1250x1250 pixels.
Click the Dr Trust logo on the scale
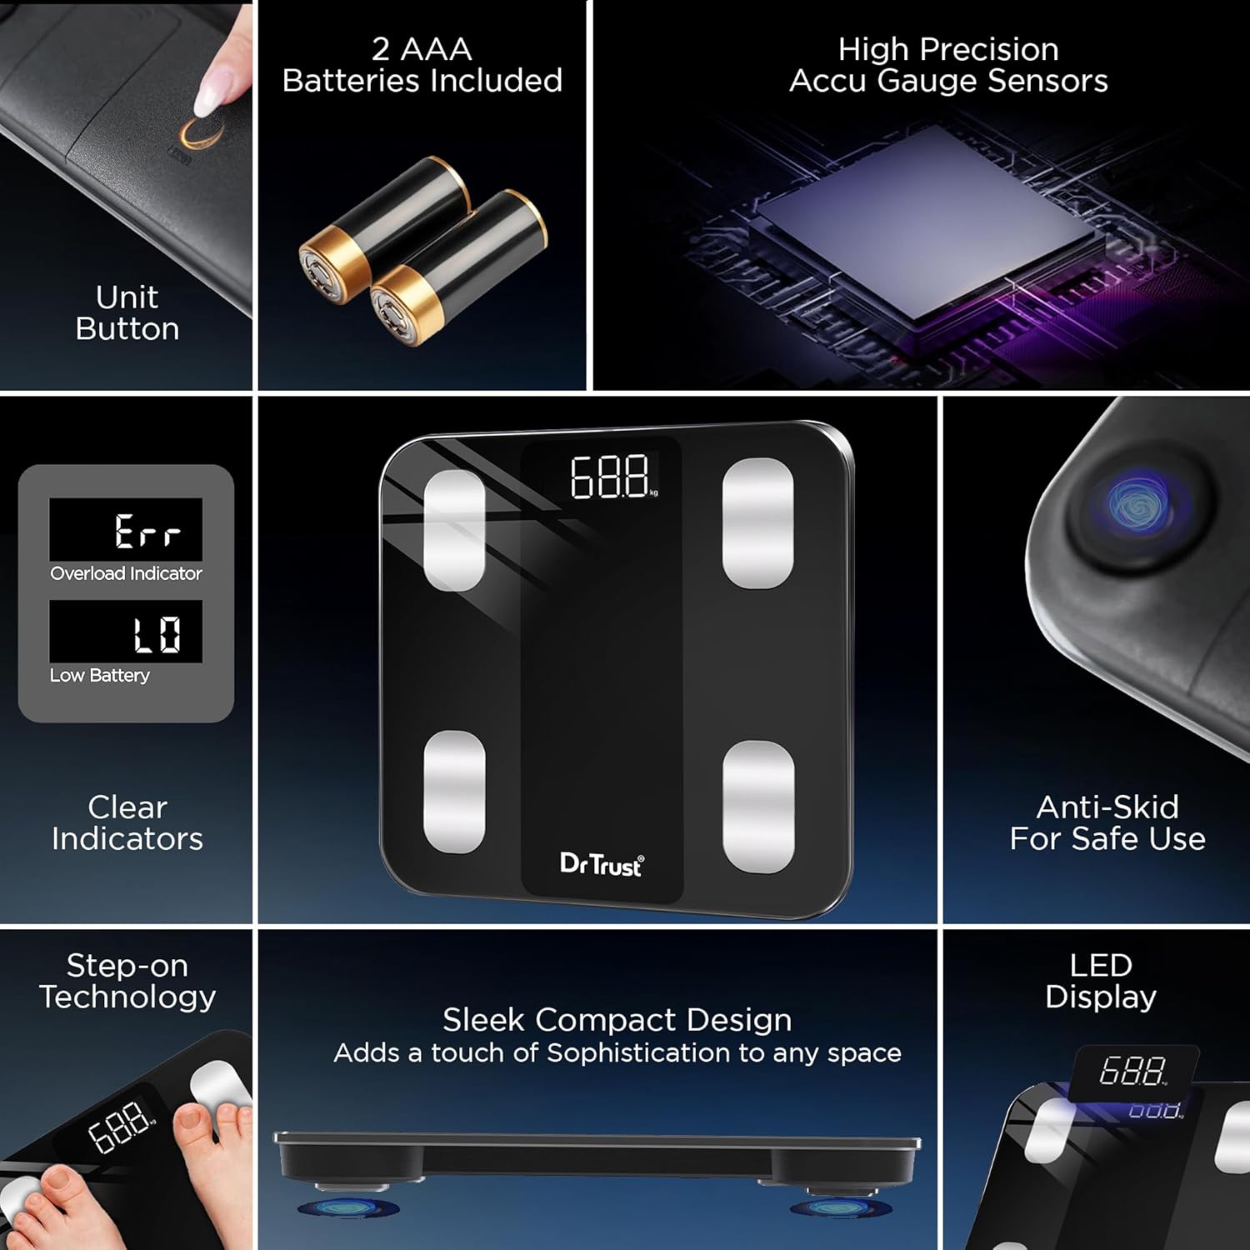coord(602,865)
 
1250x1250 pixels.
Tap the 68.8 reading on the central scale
coord(610,477)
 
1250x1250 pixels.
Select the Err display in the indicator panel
coord(147,531)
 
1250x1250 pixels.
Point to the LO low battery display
coord(157,633)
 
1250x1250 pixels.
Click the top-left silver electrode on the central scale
coord(454,530)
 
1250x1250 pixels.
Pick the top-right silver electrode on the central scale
coord(757,522)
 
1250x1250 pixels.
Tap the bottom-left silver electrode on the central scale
coord(454,792)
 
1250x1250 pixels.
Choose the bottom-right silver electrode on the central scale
coord(758,807)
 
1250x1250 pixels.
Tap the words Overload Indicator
coord(126,573)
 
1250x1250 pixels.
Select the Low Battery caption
coord(100,675)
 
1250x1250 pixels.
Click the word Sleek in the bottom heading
coord(484,1020)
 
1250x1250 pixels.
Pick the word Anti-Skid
coord(1107,807)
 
